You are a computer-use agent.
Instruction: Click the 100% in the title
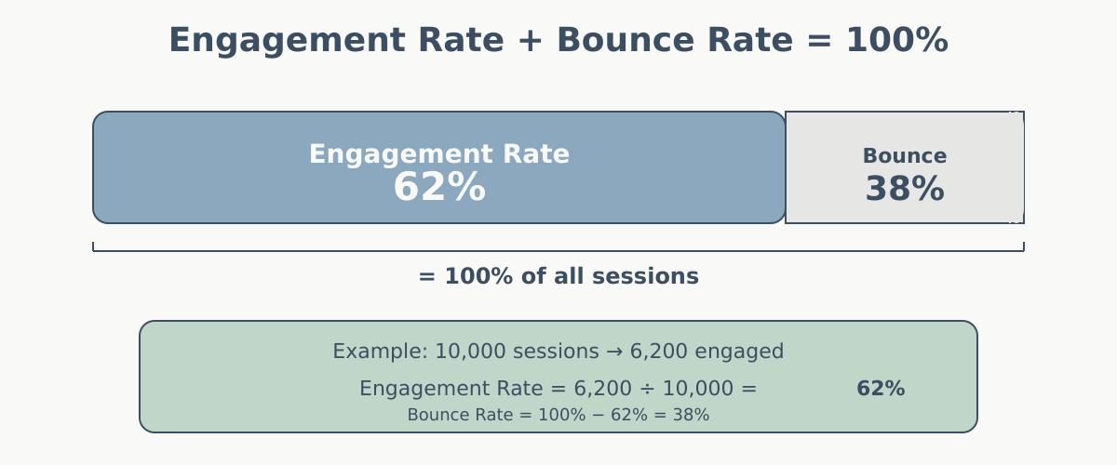pos(896,41)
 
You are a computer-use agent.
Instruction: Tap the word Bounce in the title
pos(615,41)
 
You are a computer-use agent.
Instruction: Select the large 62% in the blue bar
pos(439,188)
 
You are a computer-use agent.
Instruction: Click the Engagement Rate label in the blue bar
pos(439,154)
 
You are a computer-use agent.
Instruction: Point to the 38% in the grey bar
pos(905,190)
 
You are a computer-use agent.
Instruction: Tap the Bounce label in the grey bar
pos(905,156)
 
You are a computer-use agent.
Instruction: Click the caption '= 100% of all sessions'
pos(558,276)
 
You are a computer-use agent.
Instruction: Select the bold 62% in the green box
pos(881,389)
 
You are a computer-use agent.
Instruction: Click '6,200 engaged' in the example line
pos(707,352)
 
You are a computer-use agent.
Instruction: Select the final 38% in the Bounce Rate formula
pos(692,415)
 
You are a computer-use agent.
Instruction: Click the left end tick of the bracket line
pos(93,246)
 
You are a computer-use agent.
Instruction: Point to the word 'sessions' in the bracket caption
pos(653,276)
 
